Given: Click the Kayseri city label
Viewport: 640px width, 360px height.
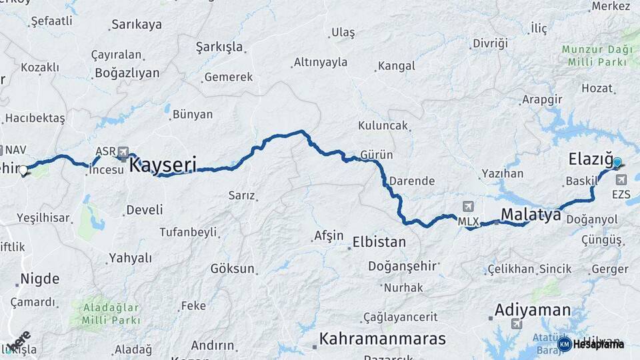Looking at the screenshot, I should (x=163, y=165).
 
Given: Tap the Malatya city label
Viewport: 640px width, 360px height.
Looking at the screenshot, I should (x=531, y=215).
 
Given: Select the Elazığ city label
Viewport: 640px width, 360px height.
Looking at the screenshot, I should (x=590, y=159).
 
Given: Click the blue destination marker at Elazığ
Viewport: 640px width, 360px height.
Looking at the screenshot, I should (x=617, y=163).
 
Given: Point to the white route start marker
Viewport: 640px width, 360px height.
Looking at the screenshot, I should (x=23, y=171).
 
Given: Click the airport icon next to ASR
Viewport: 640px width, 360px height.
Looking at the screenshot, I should (x=123, y=152).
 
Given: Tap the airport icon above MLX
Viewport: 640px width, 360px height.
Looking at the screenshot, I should (x=468, y=207).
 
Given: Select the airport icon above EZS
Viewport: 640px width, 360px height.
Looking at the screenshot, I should (x=622, y=179).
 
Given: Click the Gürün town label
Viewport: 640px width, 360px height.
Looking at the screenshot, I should (x=376, y=155).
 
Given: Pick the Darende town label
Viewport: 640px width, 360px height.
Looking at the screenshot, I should (x=412, y=181).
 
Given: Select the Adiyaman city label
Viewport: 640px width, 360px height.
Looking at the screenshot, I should (x=532, y=310).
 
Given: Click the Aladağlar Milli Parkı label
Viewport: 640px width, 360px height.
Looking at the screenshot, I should (x=112, y=313).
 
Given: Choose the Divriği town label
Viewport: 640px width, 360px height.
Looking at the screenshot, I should (x=490, y=43).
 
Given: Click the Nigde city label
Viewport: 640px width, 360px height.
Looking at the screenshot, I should (x=39, y=279).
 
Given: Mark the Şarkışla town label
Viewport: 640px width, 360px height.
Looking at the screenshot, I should (x=219, y=47).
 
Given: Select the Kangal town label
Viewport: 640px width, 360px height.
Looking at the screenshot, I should (x=396, y=66).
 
